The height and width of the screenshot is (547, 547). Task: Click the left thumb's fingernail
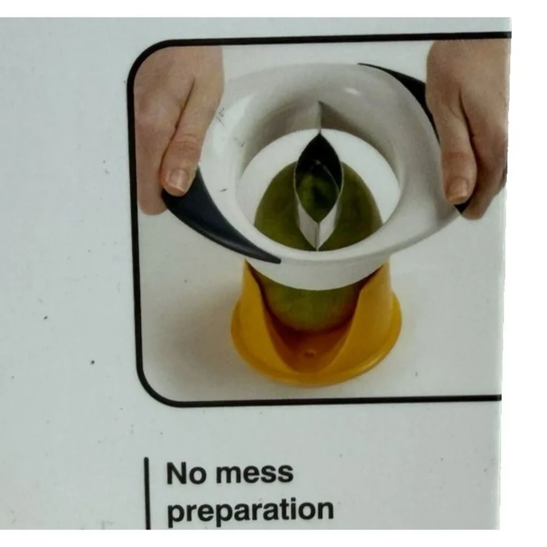click(178, 181)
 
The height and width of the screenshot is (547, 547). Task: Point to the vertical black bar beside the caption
click(147, 493)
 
